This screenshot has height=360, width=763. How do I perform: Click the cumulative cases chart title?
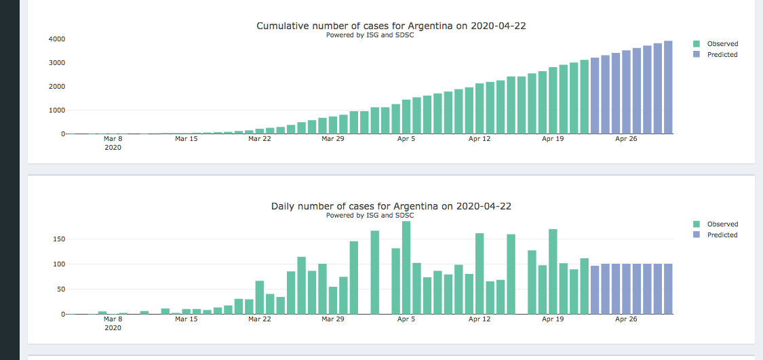(x=391, y=26)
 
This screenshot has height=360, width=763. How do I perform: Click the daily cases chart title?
(x=391, y=206)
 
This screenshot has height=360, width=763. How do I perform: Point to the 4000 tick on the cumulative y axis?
(x=56, y=39)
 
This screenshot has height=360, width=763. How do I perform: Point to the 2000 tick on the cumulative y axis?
(x=56, y=87)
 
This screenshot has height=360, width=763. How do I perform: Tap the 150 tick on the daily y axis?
(x=58, y=239)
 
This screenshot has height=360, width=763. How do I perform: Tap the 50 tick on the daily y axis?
(x=60, y=289)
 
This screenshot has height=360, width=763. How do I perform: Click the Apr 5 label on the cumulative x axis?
(x=406, y=139)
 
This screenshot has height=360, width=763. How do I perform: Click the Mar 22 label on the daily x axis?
(x=259, y=319)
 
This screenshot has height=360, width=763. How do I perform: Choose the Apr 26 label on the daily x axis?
(x=625, y=319)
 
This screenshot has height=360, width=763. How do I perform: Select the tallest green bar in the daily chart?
(x=406, y=267)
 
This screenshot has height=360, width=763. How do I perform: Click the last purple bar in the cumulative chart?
(x=668, y=87)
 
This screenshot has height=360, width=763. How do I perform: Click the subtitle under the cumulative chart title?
(x=370, y=35)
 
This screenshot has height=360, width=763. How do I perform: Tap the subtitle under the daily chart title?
(x=370, y=216)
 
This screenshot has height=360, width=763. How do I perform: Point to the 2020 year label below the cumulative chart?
(x=113, y=148)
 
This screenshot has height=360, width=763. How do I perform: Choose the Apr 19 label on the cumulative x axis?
(x=553, y=139)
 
